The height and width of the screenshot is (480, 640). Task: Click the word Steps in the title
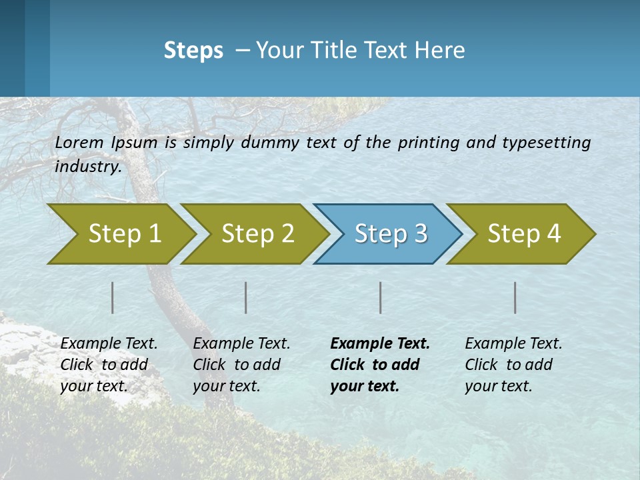[x=193, y=51]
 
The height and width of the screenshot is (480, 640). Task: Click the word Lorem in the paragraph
[x=79, y=142]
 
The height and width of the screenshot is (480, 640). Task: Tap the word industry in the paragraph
[x=88, y=167]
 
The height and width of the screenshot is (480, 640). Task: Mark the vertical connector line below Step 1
[x=113, y=297]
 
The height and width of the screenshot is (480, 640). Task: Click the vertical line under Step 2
[x=246, y=297]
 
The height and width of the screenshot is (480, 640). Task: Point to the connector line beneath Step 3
[x=381, y=297]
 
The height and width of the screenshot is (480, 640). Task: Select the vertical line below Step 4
[x=515, y=297]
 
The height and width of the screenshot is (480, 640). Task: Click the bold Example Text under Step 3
[x=380, y=344]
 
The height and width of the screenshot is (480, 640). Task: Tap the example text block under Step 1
[x=109, y=365]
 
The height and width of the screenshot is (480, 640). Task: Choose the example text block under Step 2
[x=241, y=365]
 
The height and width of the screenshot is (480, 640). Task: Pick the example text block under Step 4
[x=513, y=365]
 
